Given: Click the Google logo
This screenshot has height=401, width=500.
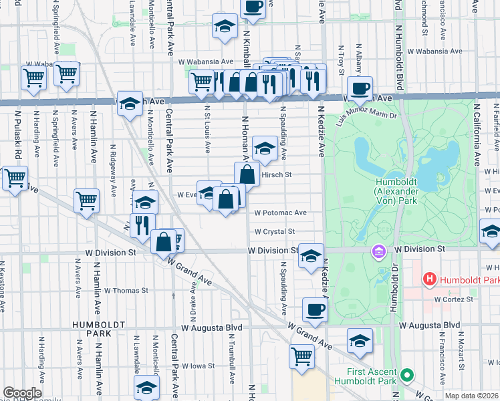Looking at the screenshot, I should (x=22, y=393).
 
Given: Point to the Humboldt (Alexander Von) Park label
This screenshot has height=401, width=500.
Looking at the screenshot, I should (x=406, y=190).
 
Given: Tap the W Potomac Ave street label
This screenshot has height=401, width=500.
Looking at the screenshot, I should (x=280, y=213).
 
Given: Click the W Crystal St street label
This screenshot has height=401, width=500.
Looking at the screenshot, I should (x=274, y=232).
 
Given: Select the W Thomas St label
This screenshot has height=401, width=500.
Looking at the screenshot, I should (x=126, y=291).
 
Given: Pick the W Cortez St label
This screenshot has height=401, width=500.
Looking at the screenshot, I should (x=453, y=299).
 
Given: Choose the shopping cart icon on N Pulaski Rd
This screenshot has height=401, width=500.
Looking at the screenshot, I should (x=15, y=178).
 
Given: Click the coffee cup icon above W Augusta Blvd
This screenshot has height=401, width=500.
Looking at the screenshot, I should (x=315, y=309).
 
